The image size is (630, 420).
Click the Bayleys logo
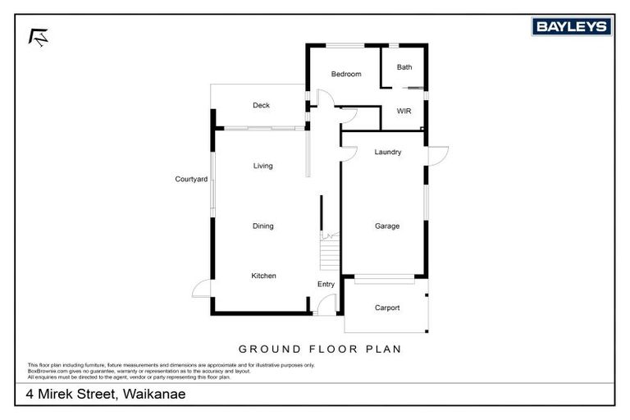click(x=571, y=27)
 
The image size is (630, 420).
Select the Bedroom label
click(x=345, y=75)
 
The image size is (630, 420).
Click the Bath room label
click(x=404, y=67)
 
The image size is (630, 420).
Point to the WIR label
click(x=404, y=111)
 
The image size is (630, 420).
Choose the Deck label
click(x=261, y=105)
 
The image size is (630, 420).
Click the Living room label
click(x=262, y=166)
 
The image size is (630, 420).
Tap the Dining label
click(x=262, y=226)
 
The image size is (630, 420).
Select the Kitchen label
click(x=263, y=276)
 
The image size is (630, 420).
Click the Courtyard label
click(x=190, y=179)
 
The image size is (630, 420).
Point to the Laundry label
click(x=387, y=152)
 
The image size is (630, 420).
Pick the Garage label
click(x=387, y=226)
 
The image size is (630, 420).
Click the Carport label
click(x=387, y=308)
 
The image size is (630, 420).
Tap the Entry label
click(x=326, y=285)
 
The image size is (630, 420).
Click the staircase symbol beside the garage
click(x=328, y=251)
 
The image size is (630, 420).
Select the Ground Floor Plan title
click(x=320, y=349)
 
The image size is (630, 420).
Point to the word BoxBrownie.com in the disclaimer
click(x=46, y=371)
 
